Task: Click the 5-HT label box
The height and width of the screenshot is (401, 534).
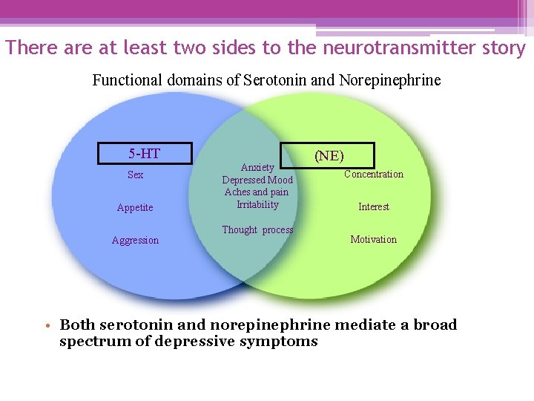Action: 145,154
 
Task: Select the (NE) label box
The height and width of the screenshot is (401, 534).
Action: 329,155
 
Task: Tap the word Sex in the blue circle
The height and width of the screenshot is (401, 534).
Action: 135,175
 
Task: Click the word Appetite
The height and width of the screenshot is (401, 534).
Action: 135,208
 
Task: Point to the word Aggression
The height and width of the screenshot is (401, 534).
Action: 135,241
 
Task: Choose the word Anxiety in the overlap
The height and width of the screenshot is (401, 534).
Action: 257,168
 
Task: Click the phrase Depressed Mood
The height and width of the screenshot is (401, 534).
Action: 257,180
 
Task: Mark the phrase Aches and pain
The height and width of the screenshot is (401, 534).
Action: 257,192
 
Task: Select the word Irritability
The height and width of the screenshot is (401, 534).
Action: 257,205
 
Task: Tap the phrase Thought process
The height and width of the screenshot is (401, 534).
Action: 257,230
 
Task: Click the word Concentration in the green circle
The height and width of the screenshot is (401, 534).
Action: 374,175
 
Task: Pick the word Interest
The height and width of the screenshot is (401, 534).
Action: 374,207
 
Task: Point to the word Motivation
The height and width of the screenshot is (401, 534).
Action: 374,240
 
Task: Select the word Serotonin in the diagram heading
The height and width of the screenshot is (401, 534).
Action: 274,80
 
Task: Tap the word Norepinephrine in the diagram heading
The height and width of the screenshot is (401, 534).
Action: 389,80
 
